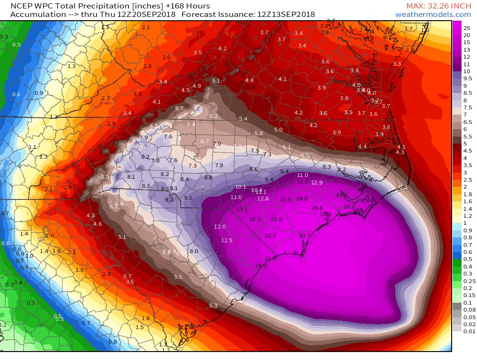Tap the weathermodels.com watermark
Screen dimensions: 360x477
pos(433,15)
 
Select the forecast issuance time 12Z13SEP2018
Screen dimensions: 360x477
pos(286,15)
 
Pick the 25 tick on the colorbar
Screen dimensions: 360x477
pos(467,28)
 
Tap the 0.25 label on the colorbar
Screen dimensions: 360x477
pos(469,281)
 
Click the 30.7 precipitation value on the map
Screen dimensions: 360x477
pos(305,236)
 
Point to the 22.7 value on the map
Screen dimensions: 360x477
pos(270,236)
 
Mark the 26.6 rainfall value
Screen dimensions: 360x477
pos(317,208)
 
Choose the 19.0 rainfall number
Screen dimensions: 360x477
pos(302,199)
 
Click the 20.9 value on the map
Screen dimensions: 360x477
pos(277,219)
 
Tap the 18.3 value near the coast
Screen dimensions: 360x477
pos(261,266)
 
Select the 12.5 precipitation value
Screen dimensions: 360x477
pos(227,240)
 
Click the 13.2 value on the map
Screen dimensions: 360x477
pos(303,182)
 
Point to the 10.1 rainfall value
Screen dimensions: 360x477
pos(240,187)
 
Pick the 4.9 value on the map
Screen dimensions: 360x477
pos(197,86)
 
